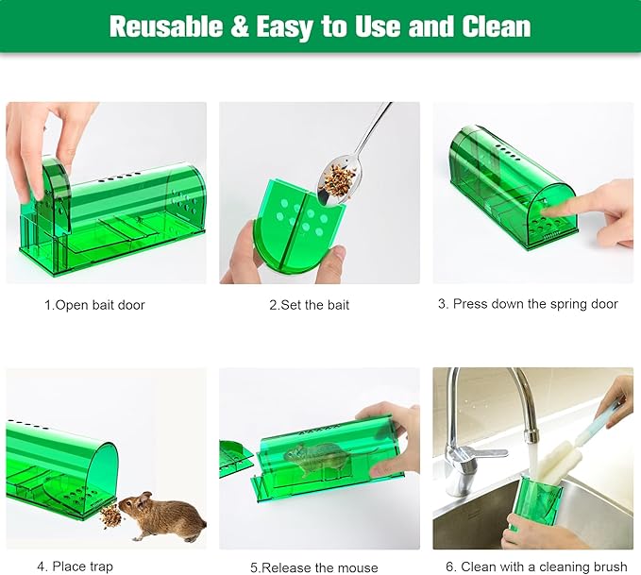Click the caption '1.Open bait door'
[x=95, y=305]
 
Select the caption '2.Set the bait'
[x=309, y=305]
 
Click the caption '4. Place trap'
[x=76, y=567]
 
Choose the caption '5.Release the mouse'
[x=314, y=567]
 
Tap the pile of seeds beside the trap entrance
[x=111, y=516]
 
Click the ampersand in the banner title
[x=240, y=26]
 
